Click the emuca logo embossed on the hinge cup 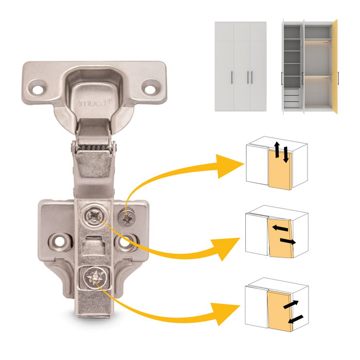click(92, 103)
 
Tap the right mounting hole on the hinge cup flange click(151, 88)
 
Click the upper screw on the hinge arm click(94, 216)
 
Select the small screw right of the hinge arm click(127, 218)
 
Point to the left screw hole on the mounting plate click(60, 242)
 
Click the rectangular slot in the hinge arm click(94, 245)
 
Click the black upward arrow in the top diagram click(277, 149)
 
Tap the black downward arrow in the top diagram click(285, 155)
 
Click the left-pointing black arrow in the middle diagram click(280, 228)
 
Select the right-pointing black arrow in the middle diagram click(288, 241)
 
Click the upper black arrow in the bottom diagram click(291, 304)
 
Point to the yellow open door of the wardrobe click(335, 66)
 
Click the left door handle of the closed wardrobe click(232, 78)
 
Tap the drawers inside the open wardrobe click(292, 98)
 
